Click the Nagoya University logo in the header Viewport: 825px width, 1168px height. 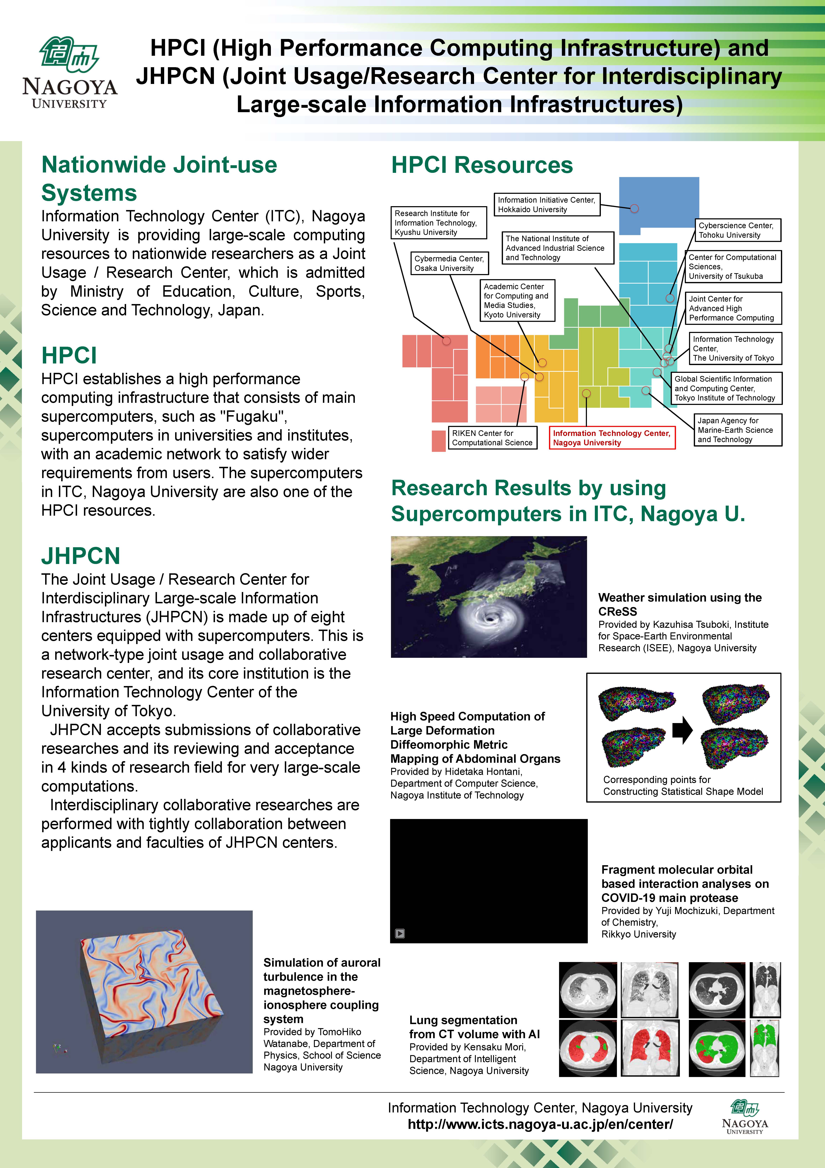point(70,72)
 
